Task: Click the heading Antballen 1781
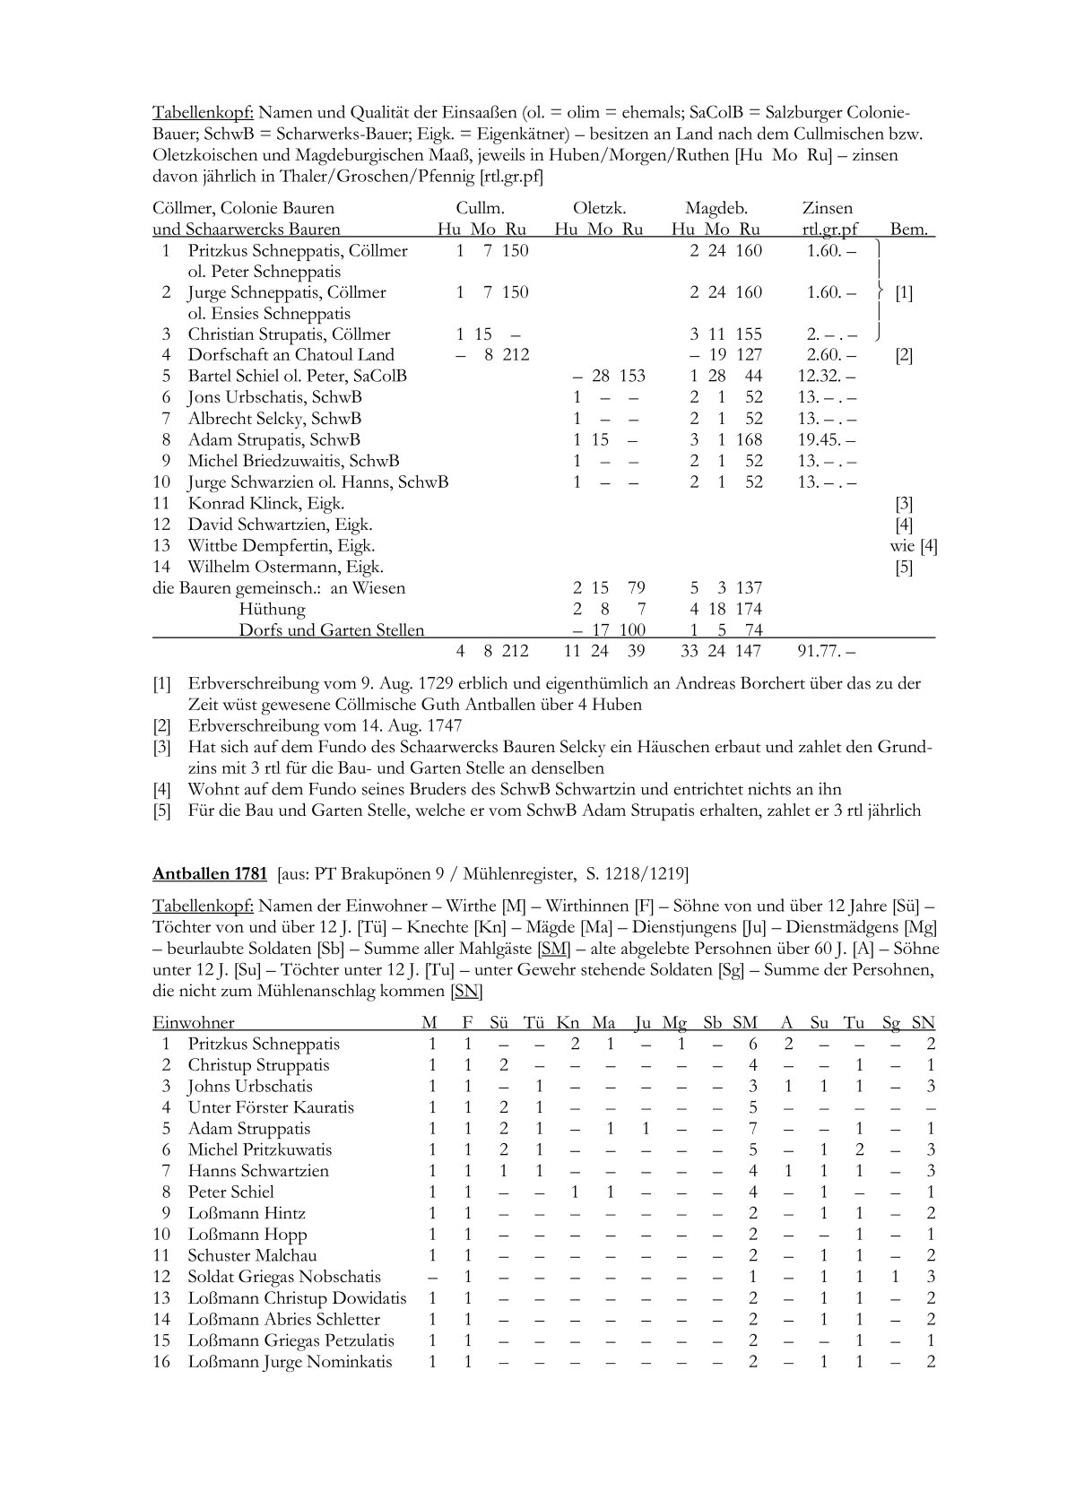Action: tap(210, 873)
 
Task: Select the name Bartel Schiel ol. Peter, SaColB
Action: tap(297, 376)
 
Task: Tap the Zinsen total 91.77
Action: tap(826, 651)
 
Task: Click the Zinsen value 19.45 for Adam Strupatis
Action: tap(826, 439)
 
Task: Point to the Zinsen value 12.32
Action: tap(826, 376)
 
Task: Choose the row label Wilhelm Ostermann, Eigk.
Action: tap(285, 567)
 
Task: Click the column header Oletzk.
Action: tap(599, 208)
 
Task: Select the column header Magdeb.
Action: tap(716, 208)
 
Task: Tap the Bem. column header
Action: tap(908, 230)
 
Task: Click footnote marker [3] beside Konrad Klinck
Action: tap(904, 503)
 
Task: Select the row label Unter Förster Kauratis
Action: tap(271, 1107)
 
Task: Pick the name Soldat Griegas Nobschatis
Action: tap(284, 1277)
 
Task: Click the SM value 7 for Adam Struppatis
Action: tap(753, 1129)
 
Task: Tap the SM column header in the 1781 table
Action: tap(744, 1022)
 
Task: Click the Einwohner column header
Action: tap(194, 1022)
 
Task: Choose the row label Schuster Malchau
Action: tap(252, 1255)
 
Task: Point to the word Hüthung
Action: tap(273, 609)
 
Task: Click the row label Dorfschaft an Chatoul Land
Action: tap(291, 355)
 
